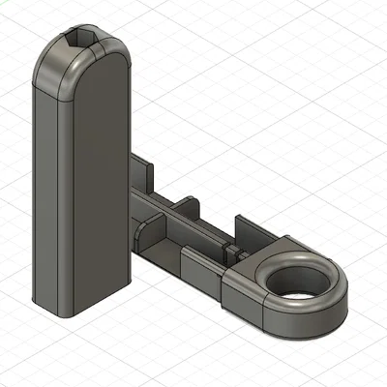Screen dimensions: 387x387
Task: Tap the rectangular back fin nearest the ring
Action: tap(258, 232)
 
